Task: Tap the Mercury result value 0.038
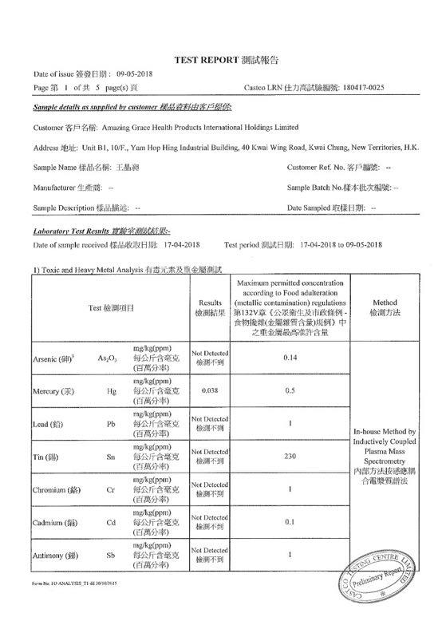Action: pyautogui.click(x=209, y=392)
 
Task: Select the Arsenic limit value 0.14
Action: pyautogui.click(x=290, y=358)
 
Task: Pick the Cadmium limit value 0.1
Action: pyautogui.click(x=290, y=521)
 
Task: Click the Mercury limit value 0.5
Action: pyautogui.click(x=290, y=391)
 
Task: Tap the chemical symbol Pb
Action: pyautogui.click(x=111, y=424)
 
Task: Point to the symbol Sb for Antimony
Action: pyautogui.click(x=111, y=554)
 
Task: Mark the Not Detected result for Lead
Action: pyautogui.click(x=210, y=424)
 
